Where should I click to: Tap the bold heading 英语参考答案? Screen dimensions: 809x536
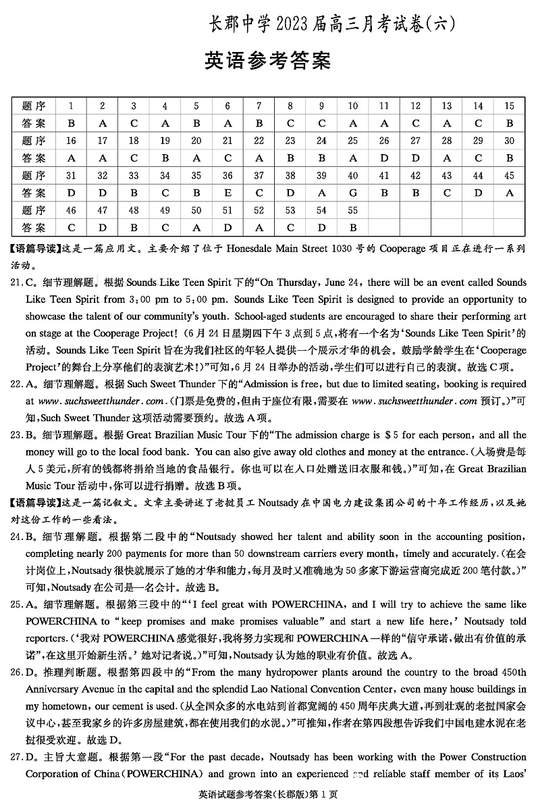click(x=267, y=61)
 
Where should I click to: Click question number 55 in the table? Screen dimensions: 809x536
click(x=352, y=211)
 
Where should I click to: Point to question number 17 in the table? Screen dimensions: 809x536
click(x=103, y=141)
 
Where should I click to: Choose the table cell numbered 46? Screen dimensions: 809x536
click(x=71, y=211)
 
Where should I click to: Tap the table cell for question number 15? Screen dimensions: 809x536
click(x=509, y=105)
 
